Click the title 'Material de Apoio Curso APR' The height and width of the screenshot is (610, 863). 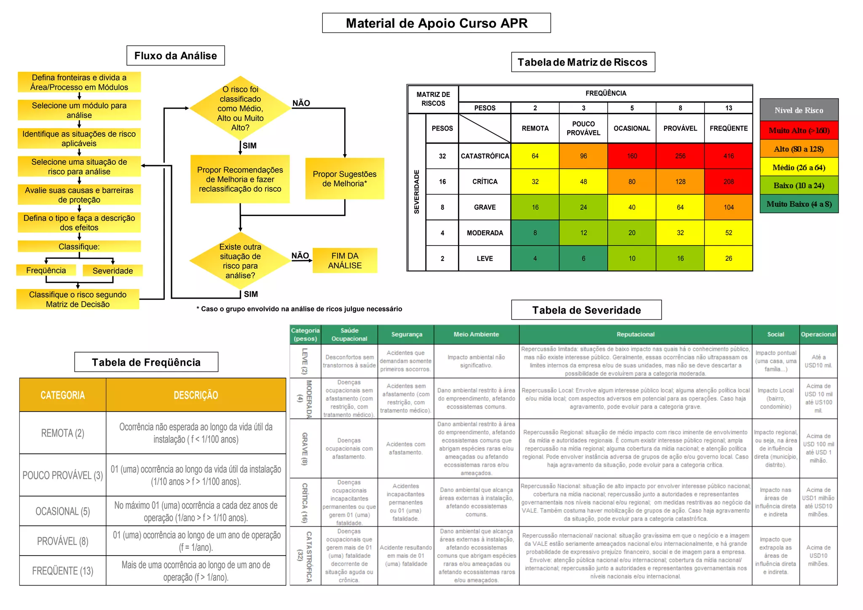click(436, 23)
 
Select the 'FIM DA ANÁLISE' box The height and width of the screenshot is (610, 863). click(345, 260)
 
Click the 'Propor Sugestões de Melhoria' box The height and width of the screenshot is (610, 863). click(345, 179)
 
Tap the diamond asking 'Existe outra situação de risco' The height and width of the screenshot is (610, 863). click(240, 261)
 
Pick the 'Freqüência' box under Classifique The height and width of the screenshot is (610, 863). click(46, 270)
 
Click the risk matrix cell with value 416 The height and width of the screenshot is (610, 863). click(728, 156)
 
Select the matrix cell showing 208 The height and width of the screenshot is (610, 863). click(728, 182)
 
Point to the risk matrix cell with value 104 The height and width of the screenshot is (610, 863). click(728, 207)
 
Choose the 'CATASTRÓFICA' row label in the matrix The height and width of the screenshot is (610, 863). click(485, 156)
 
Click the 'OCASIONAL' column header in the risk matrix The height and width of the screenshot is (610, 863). click(632, 128)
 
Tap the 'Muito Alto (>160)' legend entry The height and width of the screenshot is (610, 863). click(799, 131)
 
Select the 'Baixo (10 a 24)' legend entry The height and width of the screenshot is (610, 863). click(799, 185)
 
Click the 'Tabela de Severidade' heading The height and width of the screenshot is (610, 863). click(586, 310)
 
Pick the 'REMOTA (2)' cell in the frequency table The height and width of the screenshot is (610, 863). click(63, 433)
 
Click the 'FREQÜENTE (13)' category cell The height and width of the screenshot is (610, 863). click(63, 571)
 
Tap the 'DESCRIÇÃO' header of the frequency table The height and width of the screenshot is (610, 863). click(196, 395)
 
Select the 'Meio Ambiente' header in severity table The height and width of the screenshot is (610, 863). click(476, 334)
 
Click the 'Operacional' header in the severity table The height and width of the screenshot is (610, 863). click(818, 334)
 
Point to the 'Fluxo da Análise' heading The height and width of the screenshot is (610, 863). click(175, 56)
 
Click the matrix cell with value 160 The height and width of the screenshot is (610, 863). click(632, 156)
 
